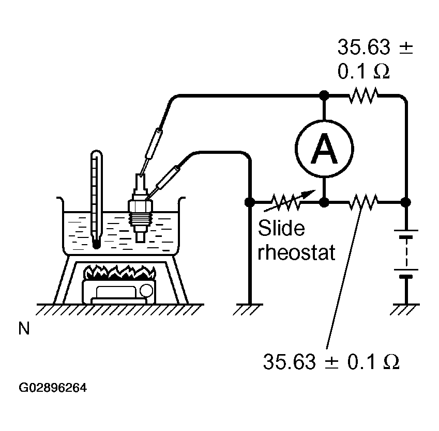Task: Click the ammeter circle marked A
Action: pyautogui.click(x=324, y=149)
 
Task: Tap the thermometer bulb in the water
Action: pyautogui.click(x=96, y=244)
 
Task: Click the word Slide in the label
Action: pyautogui.click(x=281, y=228)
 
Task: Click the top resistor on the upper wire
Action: pyautogui.click(x=363, y=95)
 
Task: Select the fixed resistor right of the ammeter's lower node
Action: pyautogui.click(x=363, y=202)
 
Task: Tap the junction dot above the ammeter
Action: pyautogui.click(x=324, y=95)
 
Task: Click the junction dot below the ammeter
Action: pyautogui.click(x=324, y=202)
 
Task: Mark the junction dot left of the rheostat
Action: pyautogui.click(x=249, y=202)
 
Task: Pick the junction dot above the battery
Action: pyautogui.click(x=406, y=202)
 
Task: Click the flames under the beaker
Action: pyautogui.click(x=120, y=272)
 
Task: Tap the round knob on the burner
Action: pyautogui.click(x=146, y=290)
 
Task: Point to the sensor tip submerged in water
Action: pyautogui.click(x=140, y=237)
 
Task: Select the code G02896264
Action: pyautogui.click(x=53, y=388)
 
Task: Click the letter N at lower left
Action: pyautogui.click(x=24, y=328)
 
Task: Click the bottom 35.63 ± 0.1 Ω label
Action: pyautogui.click(x=331, y=362)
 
